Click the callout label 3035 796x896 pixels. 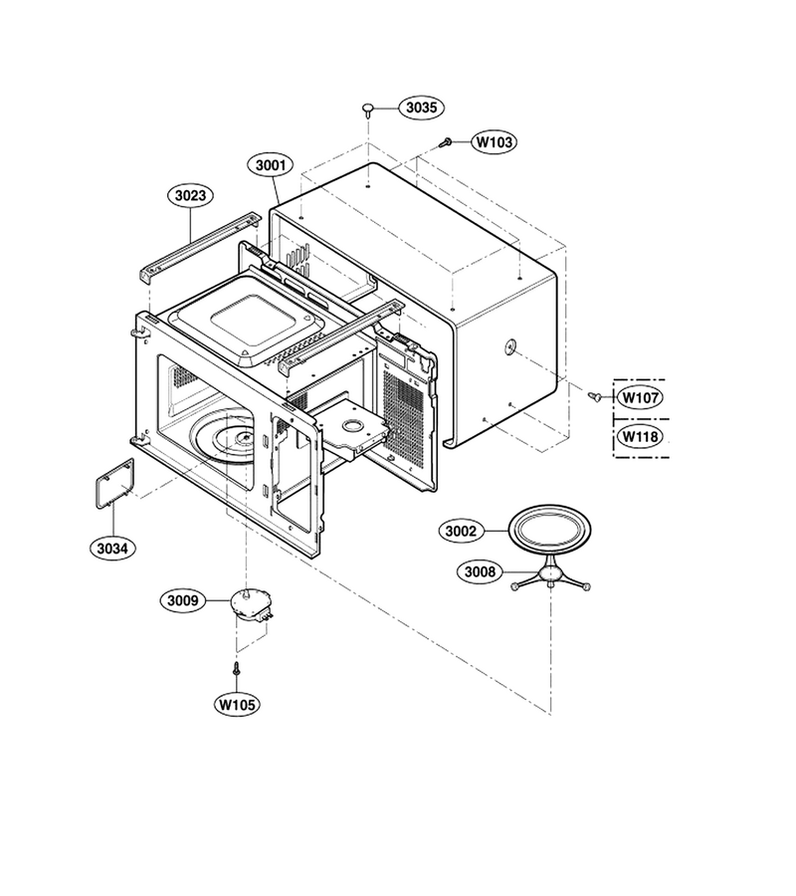pos(422,108)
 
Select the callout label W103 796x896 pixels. pos(494,141)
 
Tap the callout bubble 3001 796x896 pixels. pos(270,165)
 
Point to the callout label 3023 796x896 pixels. pos(190,195)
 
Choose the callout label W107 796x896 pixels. pos(641,397)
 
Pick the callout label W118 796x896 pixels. pos(641,437)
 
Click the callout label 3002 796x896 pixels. pos(461,532)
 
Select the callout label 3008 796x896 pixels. pos(481,571)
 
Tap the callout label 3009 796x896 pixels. pos(183,600)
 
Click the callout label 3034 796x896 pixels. pos(112,549)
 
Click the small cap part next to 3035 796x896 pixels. pos(368,110)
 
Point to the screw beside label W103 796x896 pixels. pos(446,142)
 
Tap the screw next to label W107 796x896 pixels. pos(595,395)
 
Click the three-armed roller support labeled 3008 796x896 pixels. pos(550,574)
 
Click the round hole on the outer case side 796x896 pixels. pos(509,344)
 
